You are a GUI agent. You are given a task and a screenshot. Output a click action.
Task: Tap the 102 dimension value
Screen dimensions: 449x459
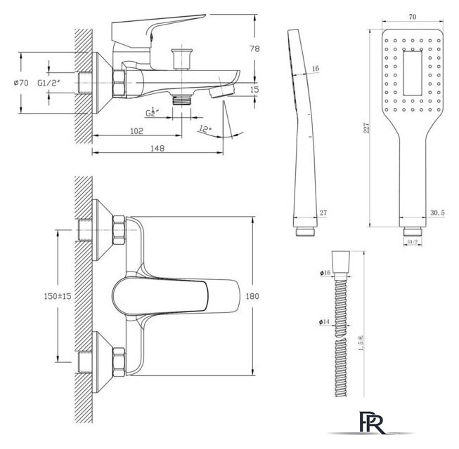click(x=136, y=130)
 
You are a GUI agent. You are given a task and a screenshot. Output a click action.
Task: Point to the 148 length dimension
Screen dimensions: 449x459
click(x=157, y=148)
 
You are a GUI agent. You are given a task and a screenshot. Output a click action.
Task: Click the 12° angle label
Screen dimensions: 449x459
click(x=205, y=129)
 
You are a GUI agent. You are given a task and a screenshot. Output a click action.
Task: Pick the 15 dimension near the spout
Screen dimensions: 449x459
click(x=254, y=88)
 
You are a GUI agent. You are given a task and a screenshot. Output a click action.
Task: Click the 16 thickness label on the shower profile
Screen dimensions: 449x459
click(x=314, y=68)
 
